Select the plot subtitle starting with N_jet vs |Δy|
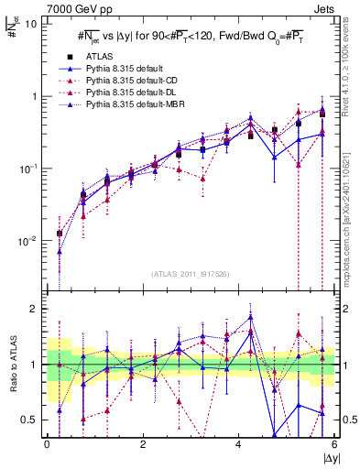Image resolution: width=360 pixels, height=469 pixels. pos(190,36)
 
